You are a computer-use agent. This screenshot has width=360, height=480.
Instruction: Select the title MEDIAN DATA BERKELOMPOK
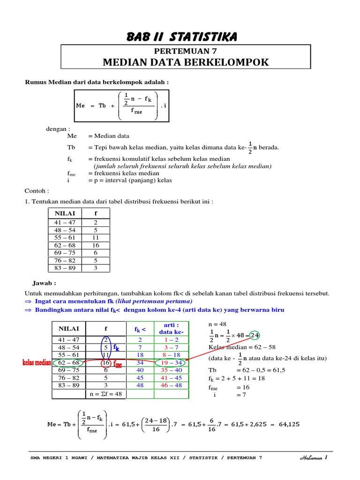[186, 62]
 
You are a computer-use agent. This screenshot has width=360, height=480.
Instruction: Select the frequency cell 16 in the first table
[96, 245]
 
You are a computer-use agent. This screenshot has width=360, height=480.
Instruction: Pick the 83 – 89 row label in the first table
[64, 268]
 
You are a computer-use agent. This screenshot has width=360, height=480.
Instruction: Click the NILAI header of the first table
[65, 213]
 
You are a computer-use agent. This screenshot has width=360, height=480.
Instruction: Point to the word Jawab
[44, 283]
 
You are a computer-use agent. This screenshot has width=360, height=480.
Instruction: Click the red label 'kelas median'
[36, 363]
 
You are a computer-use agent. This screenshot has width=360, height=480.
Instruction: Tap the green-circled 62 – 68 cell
[68, 362]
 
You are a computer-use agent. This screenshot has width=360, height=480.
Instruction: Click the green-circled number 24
[255, 335]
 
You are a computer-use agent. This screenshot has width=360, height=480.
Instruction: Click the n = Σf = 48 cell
[105, 394]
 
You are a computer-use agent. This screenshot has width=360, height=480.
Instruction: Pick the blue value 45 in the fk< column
[140, 377]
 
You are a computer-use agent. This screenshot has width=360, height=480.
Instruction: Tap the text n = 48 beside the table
[217, 324]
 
